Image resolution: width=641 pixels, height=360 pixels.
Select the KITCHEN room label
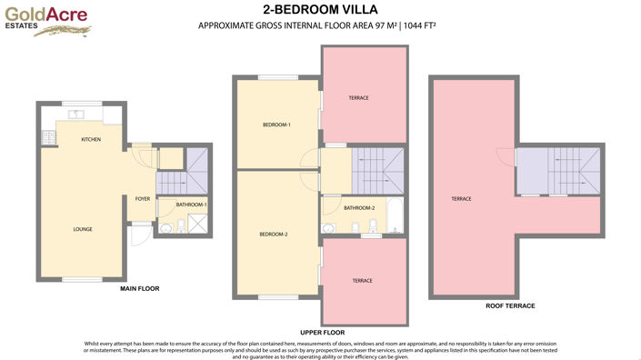click(91, 139)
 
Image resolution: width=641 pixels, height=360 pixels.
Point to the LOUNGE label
click(83, 229)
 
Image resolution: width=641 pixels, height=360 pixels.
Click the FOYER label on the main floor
click(143, 198)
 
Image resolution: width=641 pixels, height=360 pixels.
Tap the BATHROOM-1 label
click(192, 205)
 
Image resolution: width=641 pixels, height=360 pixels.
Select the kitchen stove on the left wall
click(46, 138)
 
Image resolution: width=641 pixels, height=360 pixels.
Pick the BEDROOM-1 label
click(276, 125)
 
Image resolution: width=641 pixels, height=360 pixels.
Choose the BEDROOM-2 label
click(273, 235)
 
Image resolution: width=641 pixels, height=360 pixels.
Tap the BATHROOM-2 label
click(358, 208)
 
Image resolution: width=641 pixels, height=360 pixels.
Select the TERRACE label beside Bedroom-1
click(358, 97)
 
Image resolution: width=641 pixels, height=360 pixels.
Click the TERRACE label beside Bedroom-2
click(362, 281)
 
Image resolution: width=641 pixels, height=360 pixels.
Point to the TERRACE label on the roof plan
click(461, 198)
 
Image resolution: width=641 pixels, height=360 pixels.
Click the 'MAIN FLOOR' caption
click(140, 288)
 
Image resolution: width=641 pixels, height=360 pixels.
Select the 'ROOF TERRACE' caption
click(510, 306)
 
